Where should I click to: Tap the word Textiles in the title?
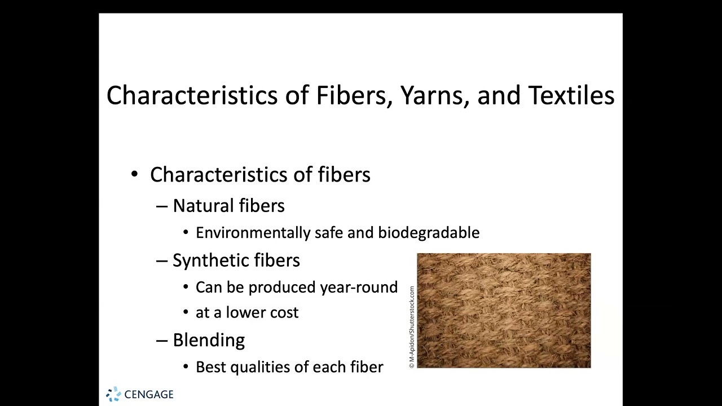(x=571, y=95)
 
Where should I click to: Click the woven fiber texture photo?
(x=504, y=311)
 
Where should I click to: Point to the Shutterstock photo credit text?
(x=412, y=327)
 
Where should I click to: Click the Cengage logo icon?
(x=113, y=394)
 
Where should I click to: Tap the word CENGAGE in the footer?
(x=149, y=395)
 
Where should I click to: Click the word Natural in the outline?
(x=203, y=206)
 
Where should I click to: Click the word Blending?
(x=209, y=340)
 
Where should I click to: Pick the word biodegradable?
(x=429, y=233)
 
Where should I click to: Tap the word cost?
(x=284, y=313)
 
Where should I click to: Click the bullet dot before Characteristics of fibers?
(x=134, y=175)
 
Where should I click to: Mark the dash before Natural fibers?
(x=162, y=206)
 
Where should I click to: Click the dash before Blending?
(x=162, y=341)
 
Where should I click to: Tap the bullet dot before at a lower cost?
(x=186, y=313)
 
